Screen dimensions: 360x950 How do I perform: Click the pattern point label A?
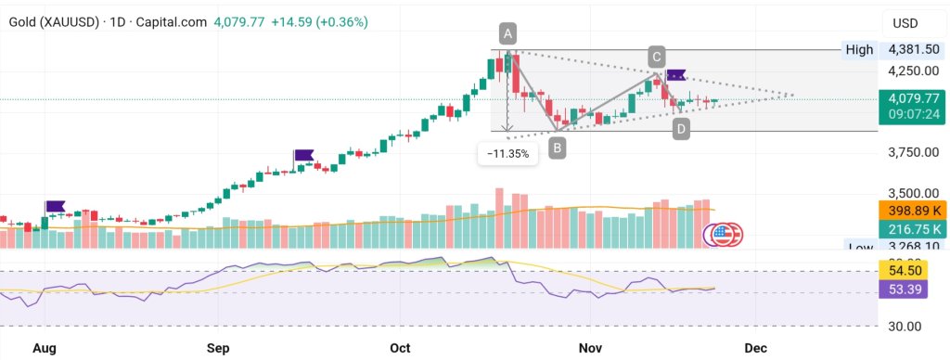click(x=507, y=33)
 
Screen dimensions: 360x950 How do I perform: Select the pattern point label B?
click(x=557, y=147)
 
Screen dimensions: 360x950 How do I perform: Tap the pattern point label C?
click(x=656, y=56)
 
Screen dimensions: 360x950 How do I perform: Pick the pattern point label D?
click(x=681, y=130)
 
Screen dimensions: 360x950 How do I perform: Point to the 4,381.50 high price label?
click(x=914, y=49)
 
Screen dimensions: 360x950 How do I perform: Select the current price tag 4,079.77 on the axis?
click(x=914, y=97)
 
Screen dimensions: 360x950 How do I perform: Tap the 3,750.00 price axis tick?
click(x=914, y=152)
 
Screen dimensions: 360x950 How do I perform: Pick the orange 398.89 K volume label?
click(x=914, y=212)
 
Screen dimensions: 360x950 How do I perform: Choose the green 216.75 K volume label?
click(x=914, y=229)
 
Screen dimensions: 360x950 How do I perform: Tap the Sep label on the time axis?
click(x=218, y=348)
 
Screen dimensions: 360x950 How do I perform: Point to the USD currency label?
click(x=905, y=23)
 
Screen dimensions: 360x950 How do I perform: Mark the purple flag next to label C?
click(x=676, y=74)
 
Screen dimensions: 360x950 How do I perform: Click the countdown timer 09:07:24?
click(x=914, y=114)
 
